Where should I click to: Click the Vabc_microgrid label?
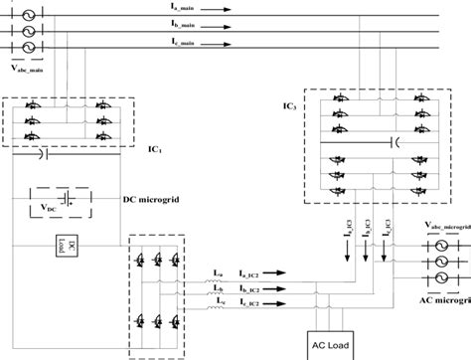point(441,225)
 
